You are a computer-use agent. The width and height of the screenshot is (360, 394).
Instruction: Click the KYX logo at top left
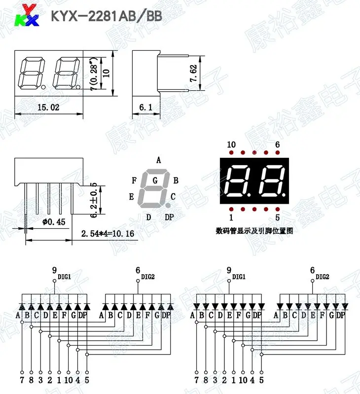[x=26, y=15]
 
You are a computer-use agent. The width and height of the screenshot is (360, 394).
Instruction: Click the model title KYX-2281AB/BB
[x=107, y=16]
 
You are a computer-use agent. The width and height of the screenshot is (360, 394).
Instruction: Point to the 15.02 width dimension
[x=48, y=107]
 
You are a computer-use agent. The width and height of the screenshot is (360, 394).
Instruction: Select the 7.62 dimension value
[x=193, y=73]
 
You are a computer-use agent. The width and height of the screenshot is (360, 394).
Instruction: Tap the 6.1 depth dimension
[x=145, y=107]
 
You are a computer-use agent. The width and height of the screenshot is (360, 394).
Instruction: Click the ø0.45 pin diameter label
[x=54, y=222]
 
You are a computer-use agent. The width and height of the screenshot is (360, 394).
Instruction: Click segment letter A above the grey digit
[x=158, y=160]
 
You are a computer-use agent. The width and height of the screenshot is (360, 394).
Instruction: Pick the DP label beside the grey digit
[x=169, y=217]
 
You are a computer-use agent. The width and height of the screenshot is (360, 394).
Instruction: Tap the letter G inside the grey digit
[x=155, y=180]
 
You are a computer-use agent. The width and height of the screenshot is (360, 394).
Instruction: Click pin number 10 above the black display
[x=231, y=144]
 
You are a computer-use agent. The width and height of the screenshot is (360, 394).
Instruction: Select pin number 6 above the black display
[x=277, y=144]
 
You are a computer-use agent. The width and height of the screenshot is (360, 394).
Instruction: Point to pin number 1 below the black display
[x=231, y=217]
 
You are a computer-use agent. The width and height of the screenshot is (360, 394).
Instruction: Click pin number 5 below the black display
[x=277, y=217]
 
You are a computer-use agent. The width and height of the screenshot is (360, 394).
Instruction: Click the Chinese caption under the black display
[x=254, y=230]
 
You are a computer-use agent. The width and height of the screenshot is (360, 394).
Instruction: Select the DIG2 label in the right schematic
[x=323, y=277]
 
